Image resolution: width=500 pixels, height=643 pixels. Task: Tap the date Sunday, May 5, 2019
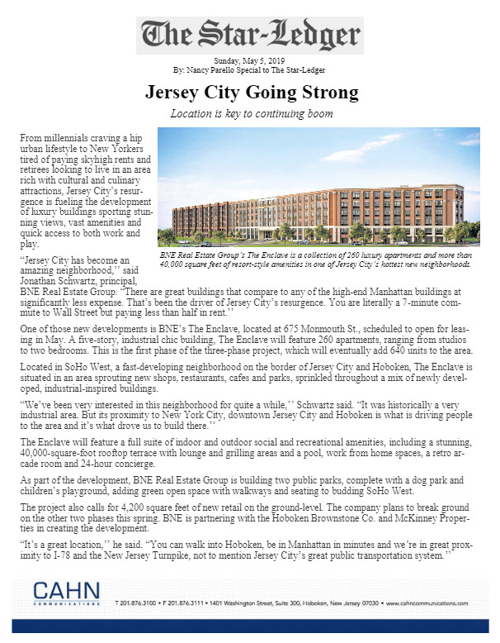(x=249, y=61)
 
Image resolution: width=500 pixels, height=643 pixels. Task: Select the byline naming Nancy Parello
(x=249, y=70)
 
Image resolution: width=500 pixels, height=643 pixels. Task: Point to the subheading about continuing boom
(x=249, y=112)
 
